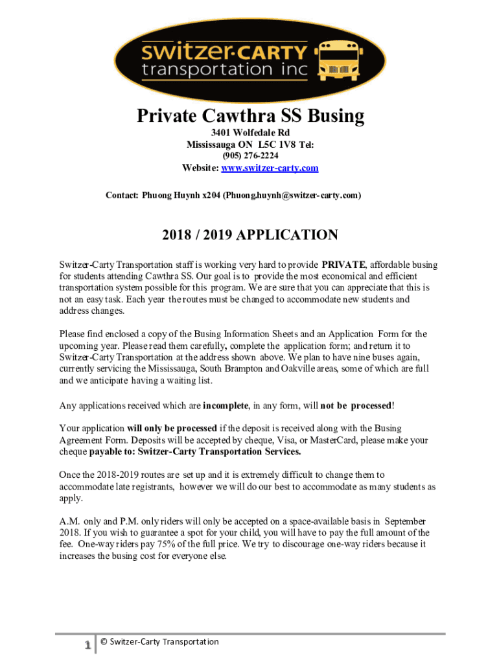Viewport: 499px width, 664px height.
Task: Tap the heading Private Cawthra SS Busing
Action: click(250, 117)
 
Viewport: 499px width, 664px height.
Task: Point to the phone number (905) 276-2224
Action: click(250, 156)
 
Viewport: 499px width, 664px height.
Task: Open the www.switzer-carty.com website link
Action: click(270, 169)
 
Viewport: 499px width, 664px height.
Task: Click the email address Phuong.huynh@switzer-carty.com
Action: click(292, 195)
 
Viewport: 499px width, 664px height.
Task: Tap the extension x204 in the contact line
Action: click(210, 195)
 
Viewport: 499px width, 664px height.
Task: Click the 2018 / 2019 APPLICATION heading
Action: click(250, 235)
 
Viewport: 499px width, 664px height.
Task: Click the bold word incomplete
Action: click(226, 406)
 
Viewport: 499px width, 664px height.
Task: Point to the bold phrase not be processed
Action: click(356, 406)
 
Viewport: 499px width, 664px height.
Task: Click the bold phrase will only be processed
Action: click(172, 429)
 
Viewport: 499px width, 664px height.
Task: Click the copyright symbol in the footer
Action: click(104, 642)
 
